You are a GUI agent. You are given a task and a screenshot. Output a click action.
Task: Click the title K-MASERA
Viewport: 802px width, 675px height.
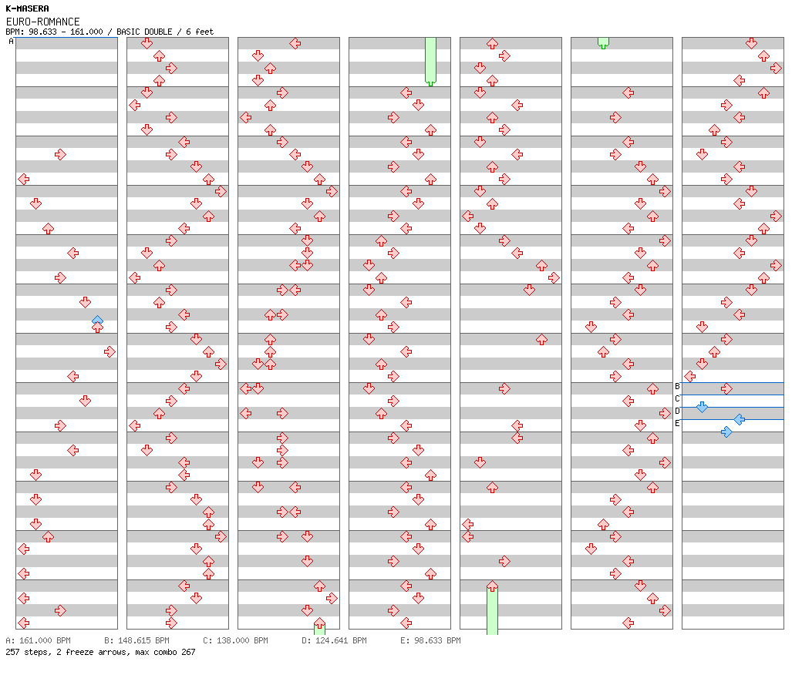click(x=27, y=8)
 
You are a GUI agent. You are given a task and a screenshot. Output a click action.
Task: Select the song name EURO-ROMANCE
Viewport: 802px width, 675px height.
click(x=42, y=22)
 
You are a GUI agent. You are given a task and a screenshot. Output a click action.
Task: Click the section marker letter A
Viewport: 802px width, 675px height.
click(x=11, y=42)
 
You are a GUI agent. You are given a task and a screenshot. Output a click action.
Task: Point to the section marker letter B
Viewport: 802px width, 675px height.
click(x=677, y=386)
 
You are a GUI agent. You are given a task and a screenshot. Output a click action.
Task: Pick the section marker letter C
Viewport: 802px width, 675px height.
click(x=677, y=398)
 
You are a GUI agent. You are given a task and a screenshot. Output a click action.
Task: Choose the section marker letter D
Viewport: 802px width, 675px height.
click(x=677, y=411)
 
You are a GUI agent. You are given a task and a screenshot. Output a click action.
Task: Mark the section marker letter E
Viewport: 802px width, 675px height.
click(x=677, y=423)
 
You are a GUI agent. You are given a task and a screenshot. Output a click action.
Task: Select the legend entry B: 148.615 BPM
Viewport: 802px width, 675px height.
click(x=136, y=640)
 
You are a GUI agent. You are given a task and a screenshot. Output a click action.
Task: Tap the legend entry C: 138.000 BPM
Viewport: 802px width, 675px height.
click(x=235, y=640)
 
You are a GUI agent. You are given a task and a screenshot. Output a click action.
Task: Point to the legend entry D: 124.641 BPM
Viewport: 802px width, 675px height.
click(x=334, y=640)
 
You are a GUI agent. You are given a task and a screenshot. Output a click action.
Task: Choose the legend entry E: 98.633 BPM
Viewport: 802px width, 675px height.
click(x=430, y=640)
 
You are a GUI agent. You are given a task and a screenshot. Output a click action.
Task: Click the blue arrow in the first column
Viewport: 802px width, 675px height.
click(x=97, y=319)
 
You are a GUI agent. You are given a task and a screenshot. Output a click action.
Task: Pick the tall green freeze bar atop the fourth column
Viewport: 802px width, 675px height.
click(x=430, y=60)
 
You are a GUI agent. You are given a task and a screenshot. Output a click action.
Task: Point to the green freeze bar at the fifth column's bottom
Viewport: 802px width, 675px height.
click(x=492, y=610)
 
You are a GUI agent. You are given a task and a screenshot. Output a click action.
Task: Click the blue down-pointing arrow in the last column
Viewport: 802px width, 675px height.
click(x=702, y=407)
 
